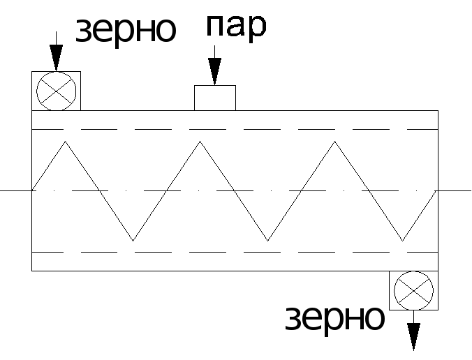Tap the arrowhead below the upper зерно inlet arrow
[x=57, y=58]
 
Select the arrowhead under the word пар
[x=214, y=72]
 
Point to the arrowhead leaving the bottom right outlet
[x=413, y=337]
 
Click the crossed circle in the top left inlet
[x=57, y=91]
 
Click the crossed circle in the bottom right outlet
[x=413, y=291]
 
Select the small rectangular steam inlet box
[x=215, y=98]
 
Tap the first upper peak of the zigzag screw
[x=66, y=141]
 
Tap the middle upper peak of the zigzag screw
[x=200, y=141]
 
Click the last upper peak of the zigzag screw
[x=334, y=141]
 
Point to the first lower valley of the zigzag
[x=133, y=241]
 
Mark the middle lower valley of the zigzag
[x=267, y=241]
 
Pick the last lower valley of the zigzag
[x=402, y=241]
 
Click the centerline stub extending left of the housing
[x=16, y=190]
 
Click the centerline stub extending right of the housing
[x=455, y=190]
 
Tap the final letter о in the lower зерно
[x=374, y=319]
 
